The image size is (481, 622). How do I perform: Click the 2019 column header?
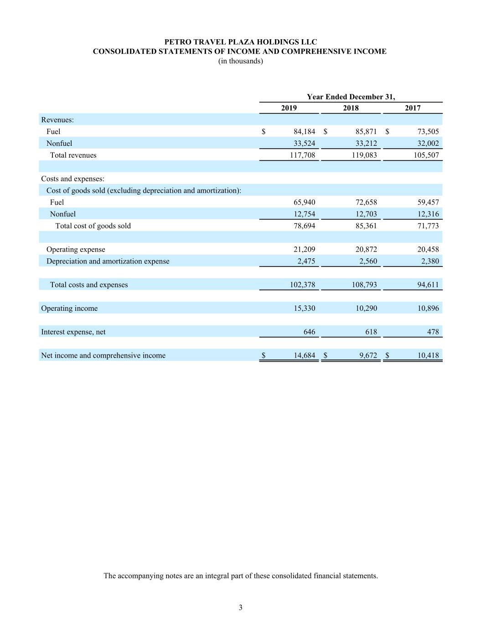[289, 108]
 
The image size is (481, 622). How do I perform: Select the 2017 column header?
[413, 108]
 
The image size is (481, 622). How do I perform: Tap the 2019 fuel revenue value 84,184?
[304, 132]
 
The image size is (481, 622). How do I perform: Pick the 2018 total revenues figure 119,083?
[364, 155]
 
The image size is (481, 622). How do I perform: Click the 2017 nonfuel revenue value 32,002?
[428, 144]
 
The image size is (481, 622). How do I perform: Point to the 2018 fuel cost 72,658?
[366, 202]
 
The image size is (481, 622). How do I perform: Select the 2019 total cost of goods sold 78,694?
[304, 226]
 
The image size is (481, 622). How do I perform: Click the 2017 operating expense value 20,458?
[428, 250]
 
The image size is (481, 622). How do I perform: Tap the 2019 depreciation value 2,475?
[306, 262]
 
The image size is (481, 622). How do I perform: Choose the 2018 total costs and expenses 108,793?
[364, 285]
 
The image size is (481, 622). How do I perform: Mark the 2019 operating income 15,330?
[304, 308]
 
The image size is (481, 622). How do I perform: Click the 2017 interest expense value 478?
[433, 332]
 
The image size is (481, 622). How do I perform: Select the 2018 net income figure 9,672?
[368, 355]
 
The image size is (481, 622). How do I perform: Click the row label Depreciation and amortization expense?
[108, 262]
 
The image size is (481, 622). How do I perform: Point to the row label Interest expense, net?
[73, 332]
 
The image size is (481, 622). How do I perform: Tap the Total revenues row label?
[73, 155]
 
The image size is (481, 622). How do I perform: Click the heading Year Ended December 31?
[351, 97]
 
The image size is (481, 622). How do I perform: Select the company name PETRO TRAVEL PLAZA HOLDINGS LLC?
[240, 42]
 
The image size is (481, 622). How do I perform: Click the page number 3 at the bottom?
[240, 607]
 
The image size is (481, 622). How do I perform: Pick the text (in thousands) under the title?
[240, 61]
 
